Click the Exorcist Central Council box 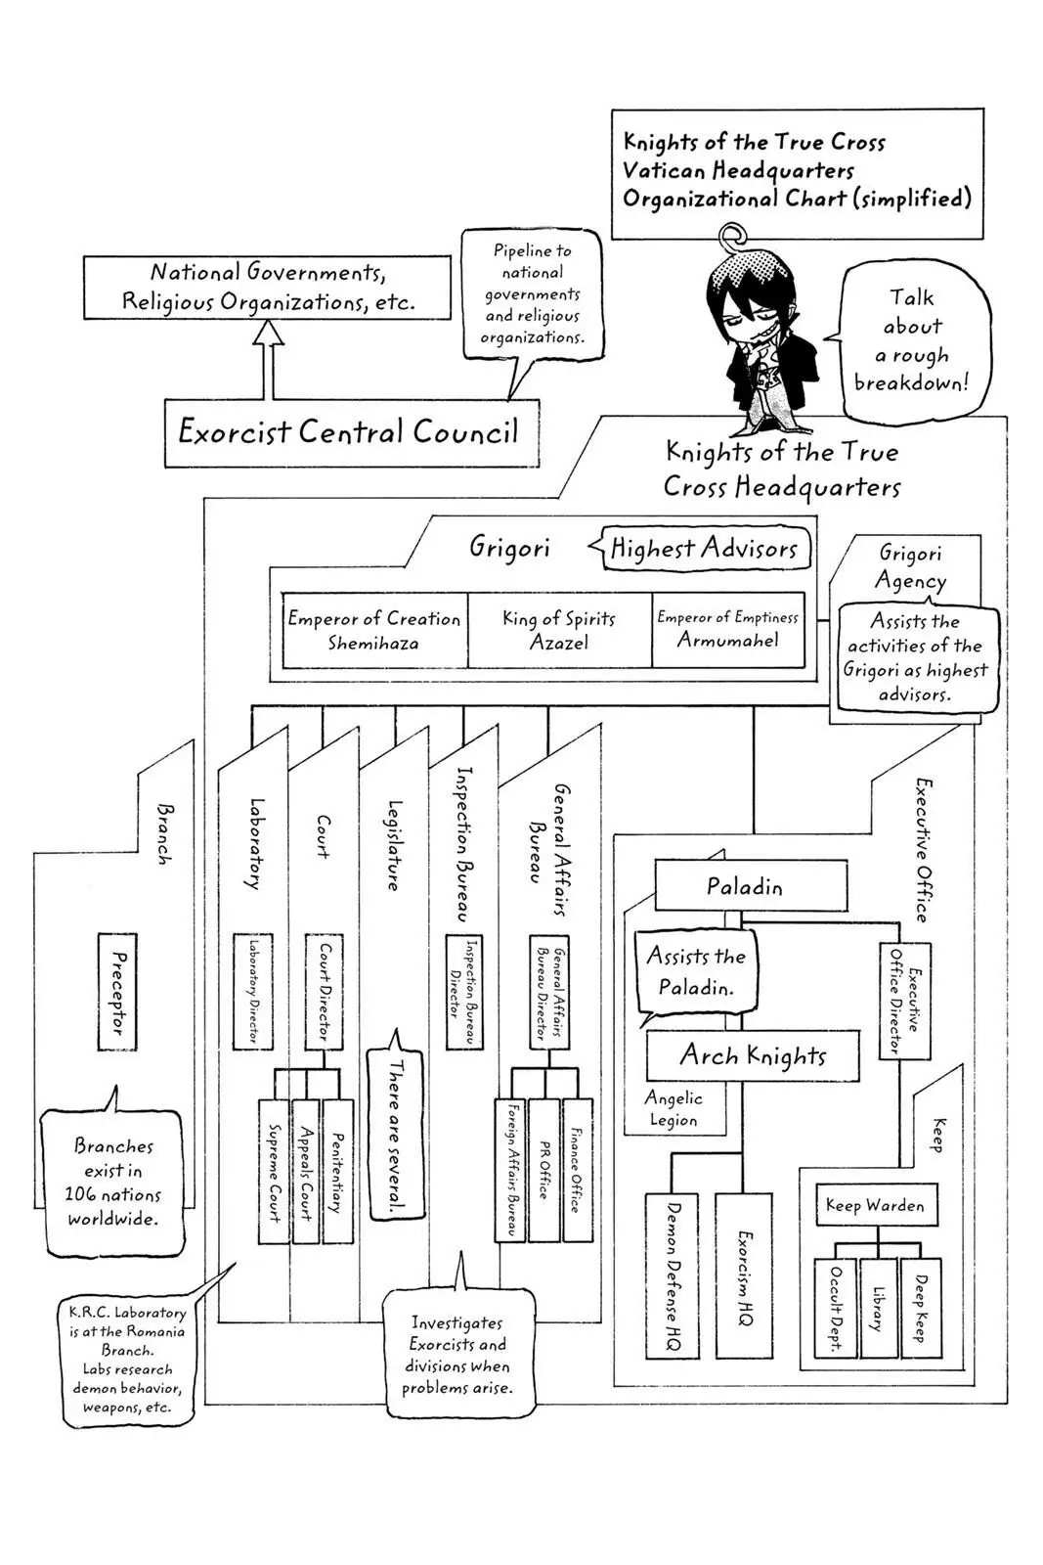click(351, 431)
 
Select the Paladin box click(750, 886)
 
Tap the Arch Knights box click(753, 1055)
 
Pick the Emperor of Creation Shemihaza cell click(374, 630)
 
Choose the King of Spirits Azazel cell click(559, 630)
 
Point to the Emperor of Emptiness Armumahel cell click(728, 630)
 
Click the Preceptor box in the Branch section click(117, 992)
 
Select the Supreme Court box click(274, 1171)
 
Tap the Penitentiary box click(337, 1171)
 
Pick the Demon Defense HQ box click(672, 1275)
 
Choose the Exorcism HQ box click(744, 1275)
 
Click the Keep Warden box click(876, 1205)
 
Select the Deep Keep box click(921, 1308)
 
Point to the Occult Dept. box click(836, 1308)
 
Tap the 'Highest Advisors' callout click(704, 549)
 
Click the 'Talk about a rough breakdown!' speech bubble click(912, 339)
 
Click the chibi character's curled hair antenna click(732, 236)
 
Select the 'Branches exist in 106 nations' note click(113, 1182)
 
